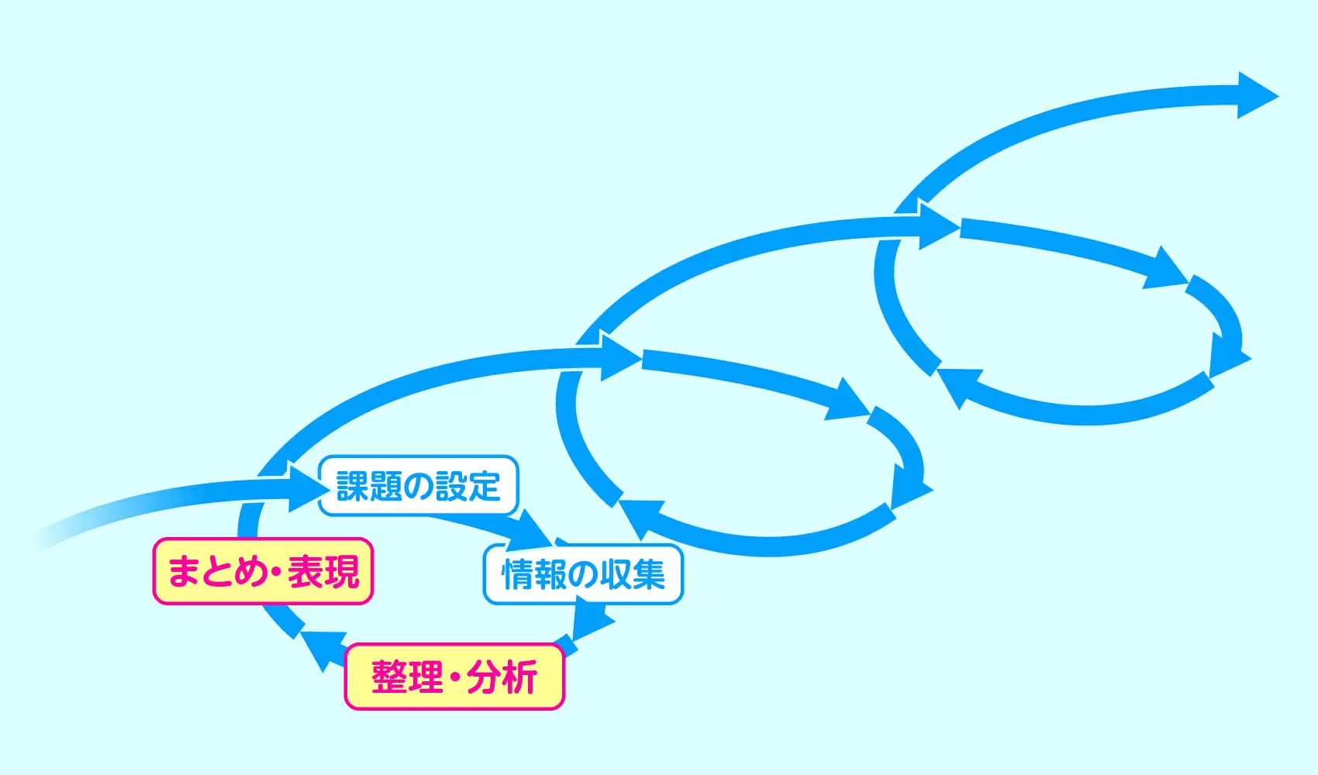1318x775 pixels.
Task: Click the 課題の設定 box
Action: pyautogui.click(x=419, y=486)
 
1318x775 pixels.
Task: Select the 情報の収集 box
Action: pyautogui.click(x=583, y=574)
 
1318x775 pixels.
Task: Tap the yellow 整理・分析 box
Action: pyautogui.click(x=454, y=677)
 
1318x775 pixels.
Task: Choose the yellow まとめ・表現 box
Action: pyautogui.click(x=263, y=571)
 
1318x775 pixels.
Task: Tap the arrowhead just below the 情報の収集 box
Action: pyautogui.click(x=592, y=619)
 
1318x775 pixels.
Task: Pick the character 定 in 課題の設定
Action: pyautogui.click(x=485, y=486)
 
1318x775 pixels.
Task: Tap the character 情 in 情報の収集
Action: pyautogui.click(x=517, y=575)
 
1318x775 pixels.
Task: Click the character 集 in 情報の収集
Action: pyautogui.click(x=649, y=575)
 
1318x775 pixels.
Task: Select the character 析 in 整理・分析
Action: pyautogui.click(x=519, y=677)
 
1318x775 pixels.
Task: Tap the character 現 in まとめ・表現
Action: pyautogui.click(x=341, y=571)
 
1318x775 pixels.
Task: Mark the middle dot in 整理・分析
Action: pyautogui.click(x=454, y=677)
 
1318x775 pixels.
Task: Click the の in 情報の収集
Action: pyautogui.click(x=583, y=575)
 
